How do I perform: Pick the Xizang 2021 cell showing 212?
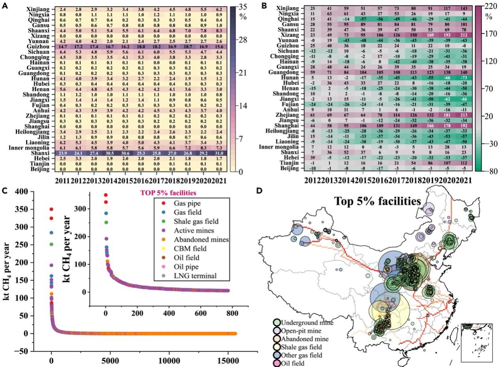click(x=465, y=34)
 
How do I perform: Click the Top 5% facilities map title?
click(x=377, y=201)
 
